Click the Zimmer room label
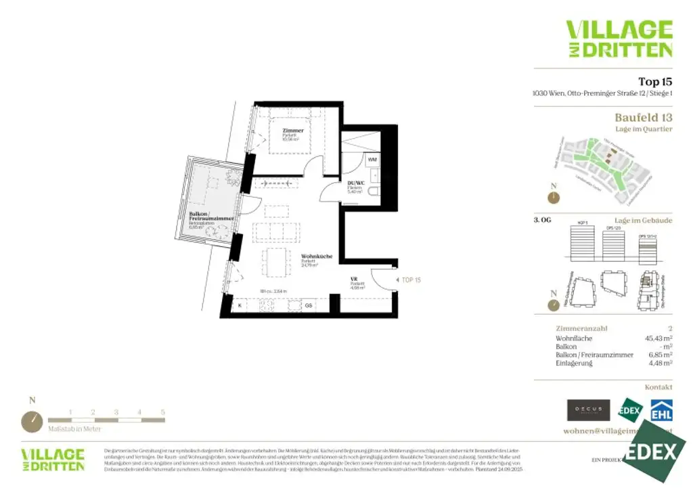(293, 130)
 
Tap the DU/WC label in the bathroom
(356, 183)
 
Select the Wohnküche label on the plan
(317, 257)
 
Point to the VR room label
(353, 278)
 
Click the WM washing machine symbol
(372, 160)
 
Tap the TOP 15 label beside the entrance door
(411, 280)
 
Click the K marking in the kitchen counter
(240, 306)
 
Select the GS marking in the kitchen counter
(308, 306)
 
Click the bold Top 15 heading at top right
(655, 82)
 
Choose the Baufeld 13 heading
(643, 118)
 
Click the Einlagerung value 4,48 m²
(656, 363)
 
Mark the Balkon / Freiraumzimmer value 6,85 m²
(656, 355)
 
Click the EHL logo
(661, 410)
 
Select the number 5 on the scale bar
(162, 411)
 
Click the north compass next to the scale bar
(31, 421)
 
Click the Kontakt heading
(658, 387)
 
